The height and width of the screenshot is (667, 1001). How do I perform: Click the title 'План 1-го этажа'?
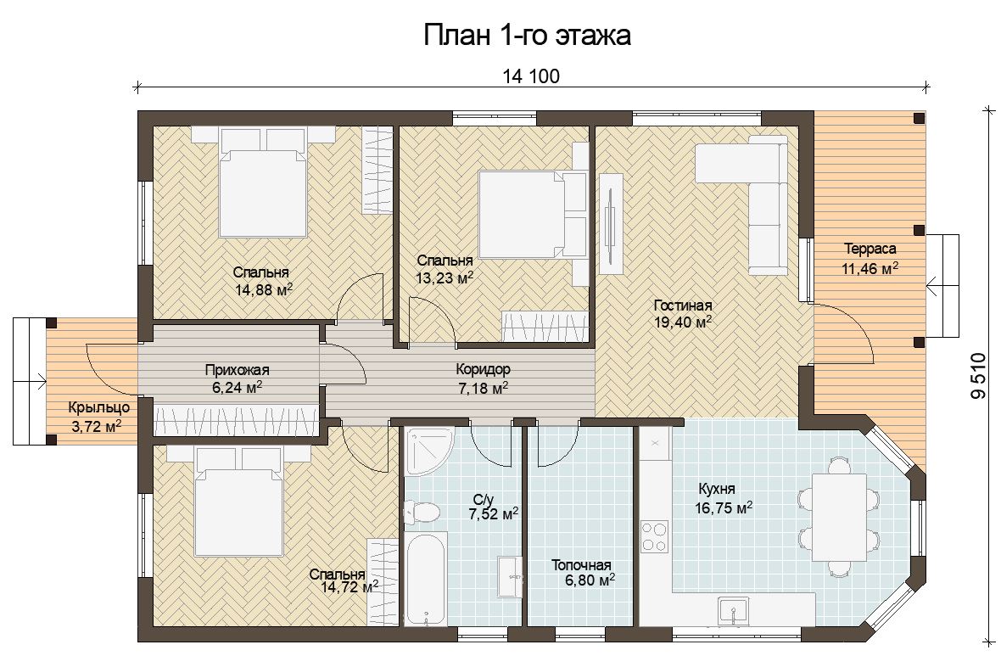point(528,35)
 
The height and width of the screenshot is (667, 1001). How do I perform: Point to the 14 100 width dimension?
point(531,76)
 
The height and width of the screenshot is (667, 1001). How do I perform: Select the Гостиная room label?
point(683,305)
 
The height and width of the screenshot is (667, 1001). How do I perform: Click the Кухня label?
point(716,490)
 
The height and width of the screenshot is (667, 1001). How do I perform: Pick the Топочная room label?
point(581,565)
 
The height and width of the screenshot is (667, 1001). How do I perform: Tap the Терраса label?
point(870,249)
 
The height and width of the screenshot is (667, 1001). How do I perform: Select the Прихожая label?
point(237,370)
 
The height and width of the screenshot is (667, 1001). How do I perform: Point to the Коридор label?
point(484,369)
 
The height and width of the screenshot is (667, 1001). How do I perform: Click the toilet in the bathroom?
point(422,513)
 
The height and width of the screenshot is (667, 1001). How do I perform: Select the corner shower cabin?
point(428,451)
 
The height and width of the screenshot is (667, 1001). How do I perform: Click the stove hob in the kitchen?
point(654,536)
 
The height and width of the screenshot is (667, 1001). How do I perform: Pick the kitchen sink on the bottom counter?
point(734,611)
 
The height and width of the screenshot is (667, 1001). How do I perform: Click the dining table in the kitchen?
point(839,517)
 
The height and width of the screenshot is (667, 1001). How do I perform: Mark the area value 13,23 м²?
point(445,278)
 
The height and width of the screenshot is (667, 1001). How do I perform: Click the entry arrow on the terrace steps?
point(942,286)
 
